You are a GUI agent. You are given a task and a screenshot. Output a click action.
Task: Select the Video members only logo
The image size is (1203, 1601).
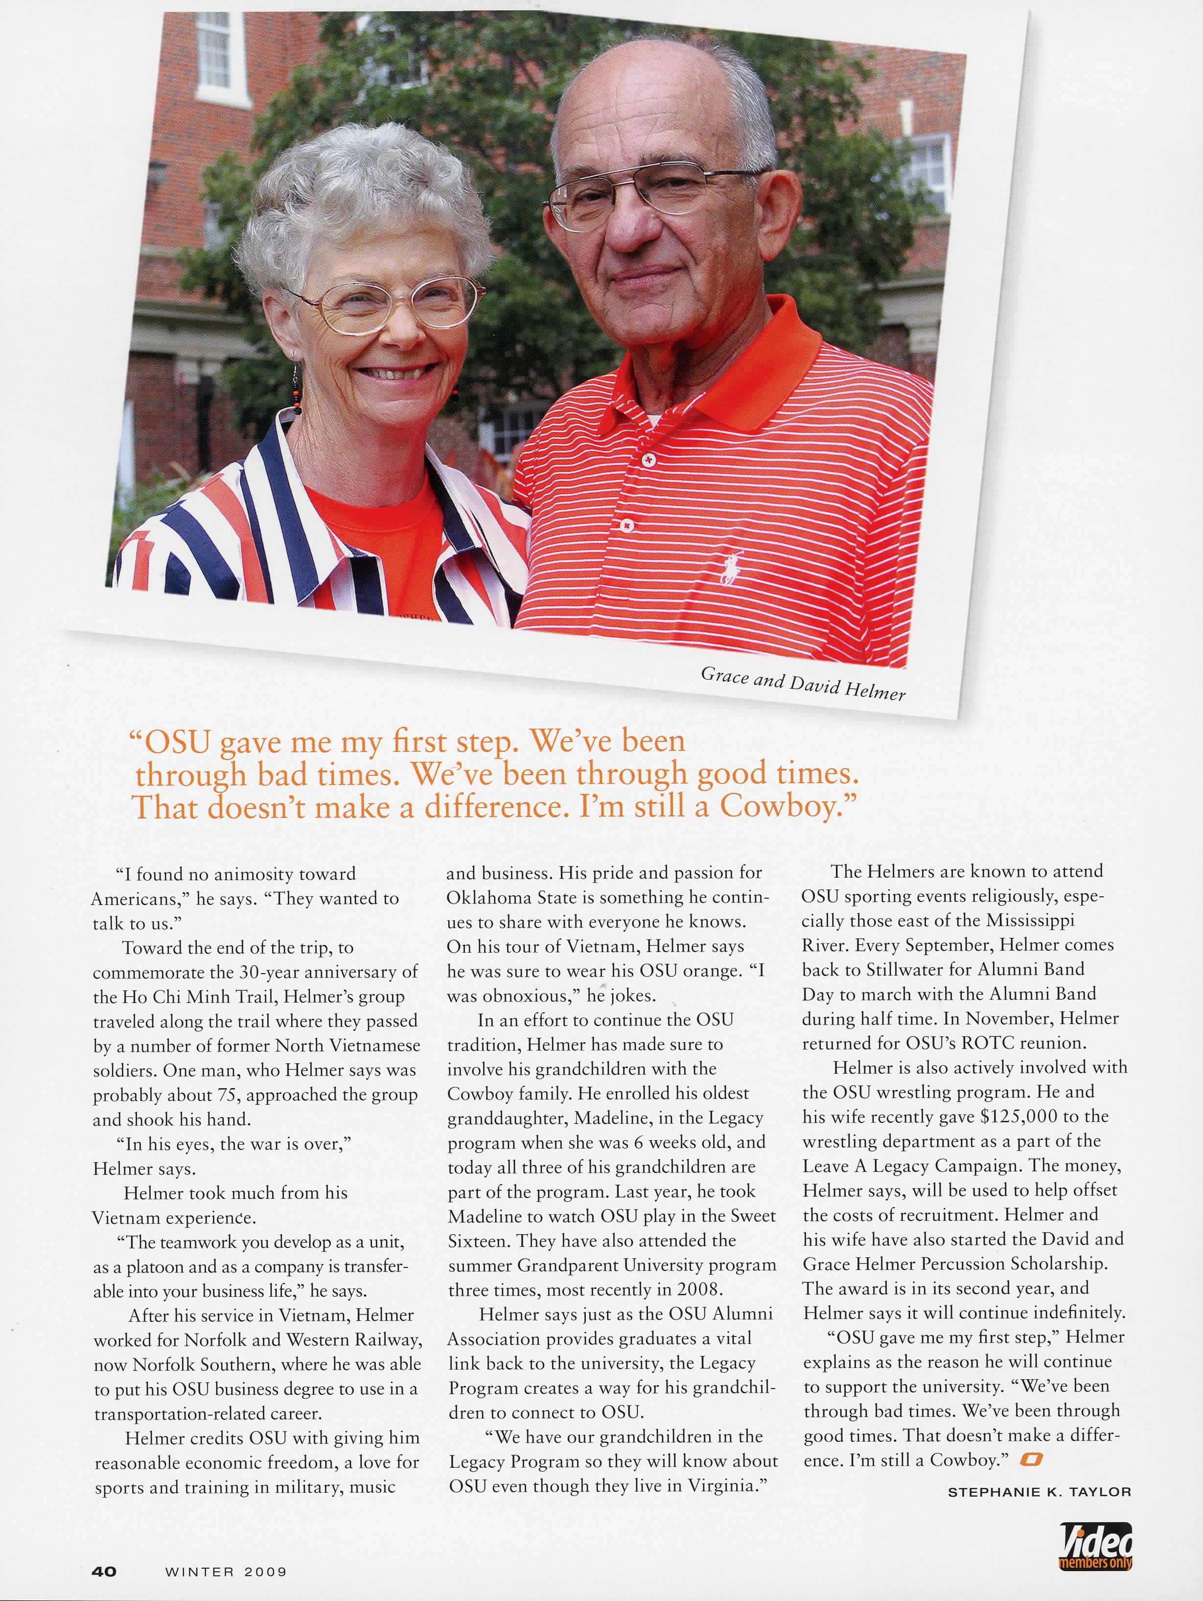(1095, 1544)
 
